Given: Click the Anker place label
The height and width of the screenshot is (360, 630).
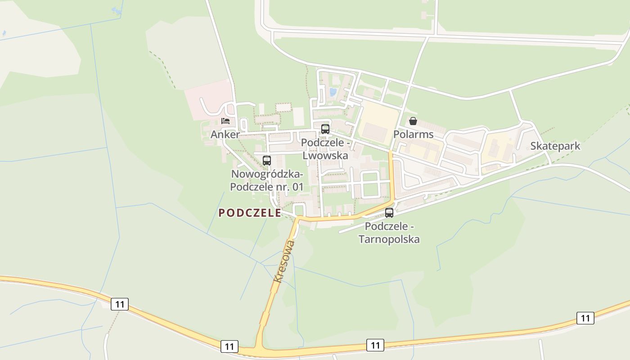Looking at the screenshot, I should click(x=225, y=134).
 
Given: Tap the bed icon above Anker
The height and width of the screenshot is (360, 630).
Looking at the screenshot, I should click(x=225, y=121).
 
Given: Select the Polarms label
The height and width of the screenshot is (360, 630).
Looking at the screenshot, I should click(x=413, y=134).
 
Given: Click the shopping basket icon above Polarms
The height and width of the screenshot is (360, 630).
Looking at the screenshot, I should click(x=413, y=121).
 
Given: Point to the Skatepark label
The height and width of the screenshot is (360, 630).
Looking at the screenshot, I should click(x=555, y=146).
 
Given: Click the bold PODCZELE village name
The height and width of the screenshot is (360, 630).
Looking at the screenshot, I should click(x=250, y=213).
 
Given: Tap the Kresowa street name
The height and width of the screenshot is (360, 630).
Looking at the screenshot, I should click(x=284, y=261).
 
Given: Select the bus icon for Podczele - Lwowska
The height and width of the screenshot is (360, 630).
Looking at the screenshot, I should click(x=325, y=129).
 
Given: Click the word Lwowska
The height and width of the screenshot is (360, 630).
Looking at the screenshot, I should click(x=325, y=155).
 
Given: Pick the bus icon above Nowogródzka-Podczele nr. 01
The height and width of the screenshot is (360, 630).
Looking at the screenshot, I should click(x=267, y=161).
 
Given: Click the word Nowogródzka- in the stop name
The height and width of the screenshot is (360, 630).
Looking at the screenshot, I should click(x=267, y=174).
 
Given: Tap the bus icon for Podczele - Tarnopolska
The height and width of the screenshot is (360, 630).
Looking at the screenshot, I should click(x=389, y=213).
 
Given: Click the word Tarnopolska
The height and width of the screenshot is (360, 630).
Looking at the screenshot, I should click(x=389, y=239).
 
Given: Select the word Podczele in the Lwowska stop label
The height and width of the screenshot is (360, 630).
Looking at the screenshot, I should click(x=322, y=143).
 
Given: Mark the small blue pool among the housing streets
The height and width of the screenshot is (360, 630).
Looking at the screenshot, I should click(x=333, y=92).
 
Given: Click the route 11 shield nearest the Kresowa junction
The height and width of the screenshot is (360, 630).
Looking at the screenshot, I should click(x=229, y=346).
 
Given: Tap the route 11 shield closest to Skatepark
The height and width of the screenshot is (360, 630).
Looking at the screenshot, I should click(x=585, y=318).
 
